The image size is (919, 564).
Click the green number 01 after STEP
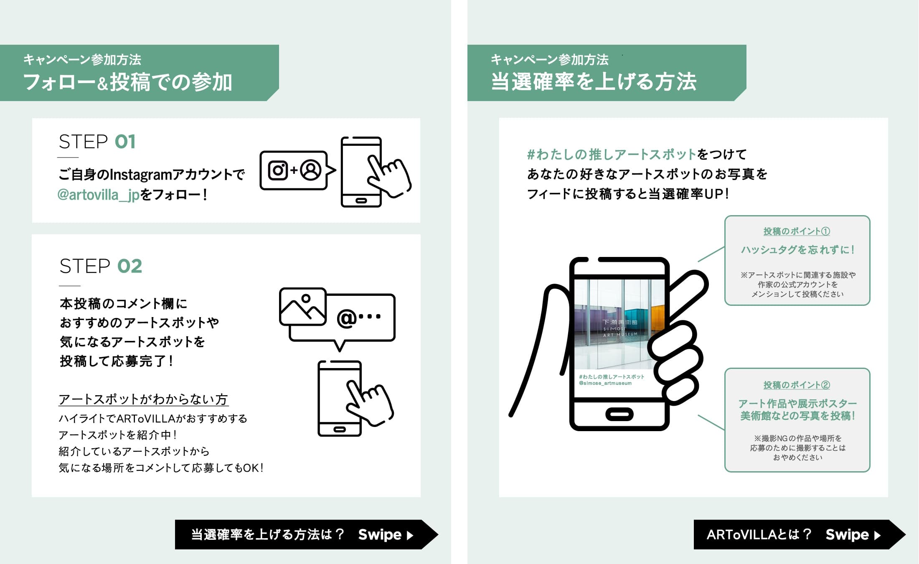pyautogui.click(x=125, y=142)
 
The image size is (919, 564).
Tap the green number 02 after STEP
pyautogui.click(x=130, y=266)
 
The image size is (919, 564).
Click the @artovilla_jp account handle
pyautogui.click(x=99, y=195)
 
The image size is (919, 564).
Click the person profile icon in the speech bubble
pyautogui.click(x=311, y=170)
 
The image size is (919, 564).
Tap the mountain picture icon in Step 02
pyautogui.click(x=303, y=306)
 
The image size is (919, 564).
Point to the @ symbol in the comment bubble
pyautogui.click(x=347, y=318)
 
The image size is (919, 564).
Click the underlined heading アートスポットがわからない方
pyautogui.click(x=143, y=399)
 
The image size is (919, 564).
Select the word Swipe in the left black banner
pyautogui.click(x=380, y=534)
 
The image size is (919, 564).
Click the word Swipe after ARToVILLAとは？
pyautogui.click(x=847, y=534)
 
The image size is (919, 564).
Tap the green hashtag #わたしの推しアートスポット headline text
pyautogui.click(x=612, y=155)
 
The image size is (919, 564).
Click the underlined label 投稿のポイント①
pyautogui.click(x=797, y=231)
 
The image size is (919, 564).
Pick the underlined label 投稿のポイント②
pyautogui.click(x=797, y=385)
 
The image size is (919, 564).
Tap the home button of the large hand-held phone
pyautogui.click(x=619, y=414)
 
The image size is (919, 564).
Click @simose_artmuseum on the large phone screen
pyautogui.click(x=605, y=383)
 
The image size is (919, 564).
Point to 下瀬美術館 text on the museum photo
pyautogui.click(x=620, y=322)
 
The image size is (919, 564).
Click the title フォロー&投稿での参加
pyautogui.click(x=127, y=82)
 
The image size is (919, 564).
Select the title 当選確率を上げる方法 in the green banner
pyautogui.click(x=594, y=82)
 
